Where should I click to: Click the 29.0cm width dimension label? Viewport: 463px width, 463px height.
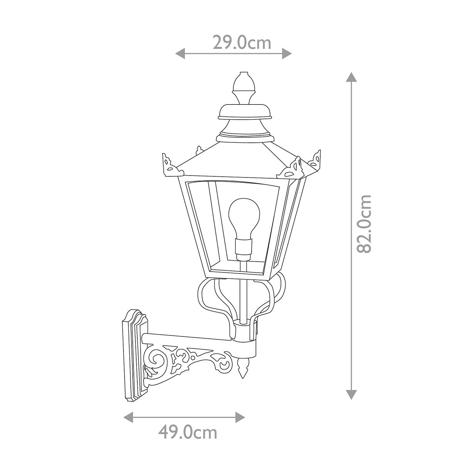242,43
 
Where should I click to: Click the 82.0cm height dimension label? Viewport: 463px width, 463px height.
364,224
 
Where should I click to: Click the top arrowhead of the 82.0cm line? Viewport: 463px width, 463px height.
351,77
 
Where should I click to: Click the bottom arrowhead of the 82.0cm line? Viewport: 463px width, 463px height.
351,394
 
